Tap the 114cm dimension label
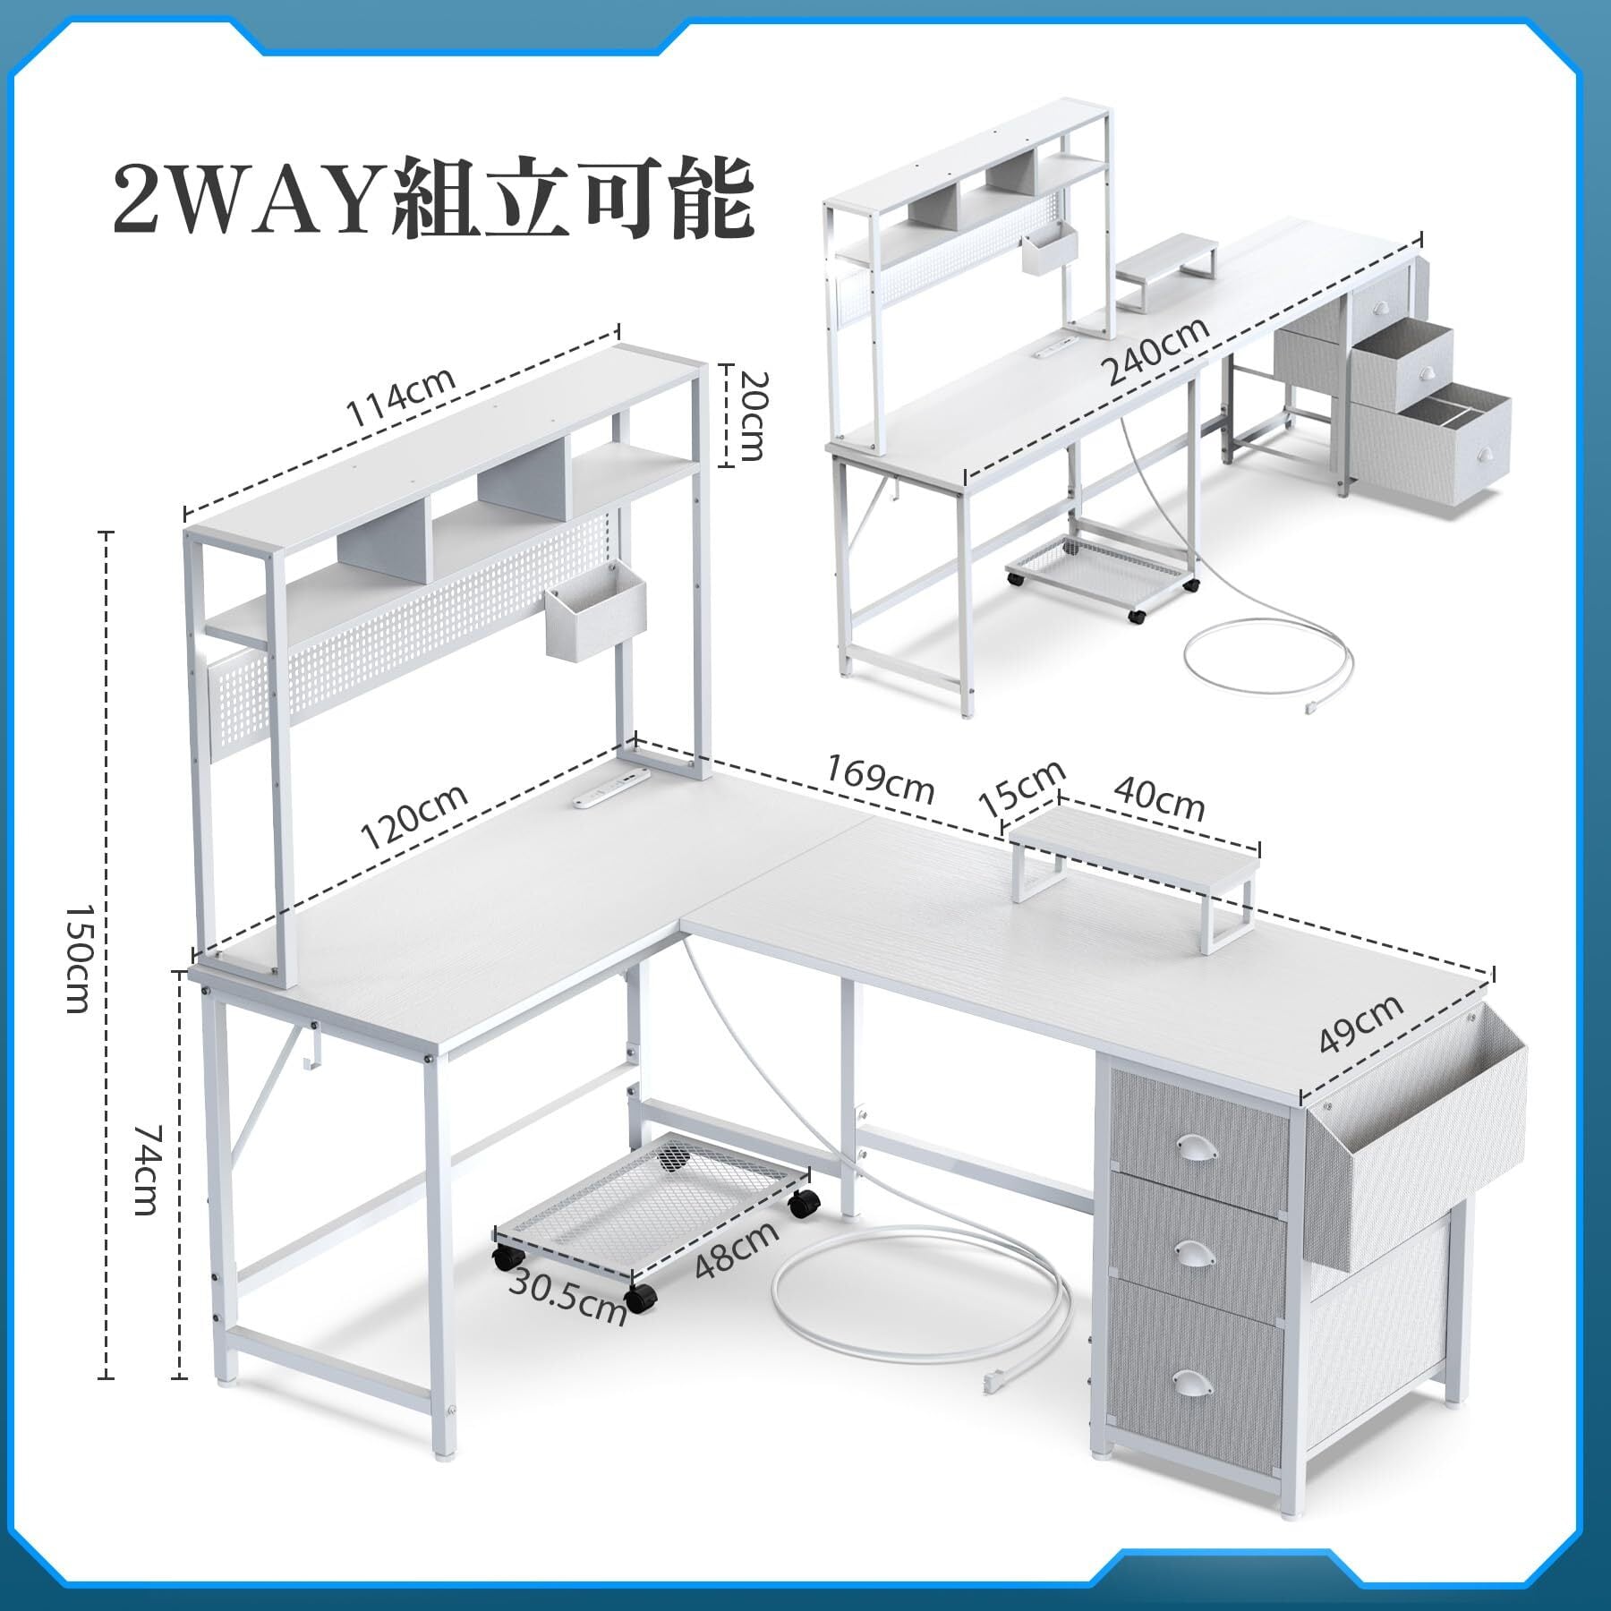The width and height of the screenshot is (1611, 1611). [402, 398]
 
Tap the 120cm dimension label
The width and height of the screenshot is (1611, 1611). [413, 816]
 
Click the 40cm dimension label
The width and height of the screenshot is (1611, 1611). [1159, 799]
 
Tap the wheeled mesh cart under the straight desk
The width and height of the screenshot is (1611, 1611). [1102, 573]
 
